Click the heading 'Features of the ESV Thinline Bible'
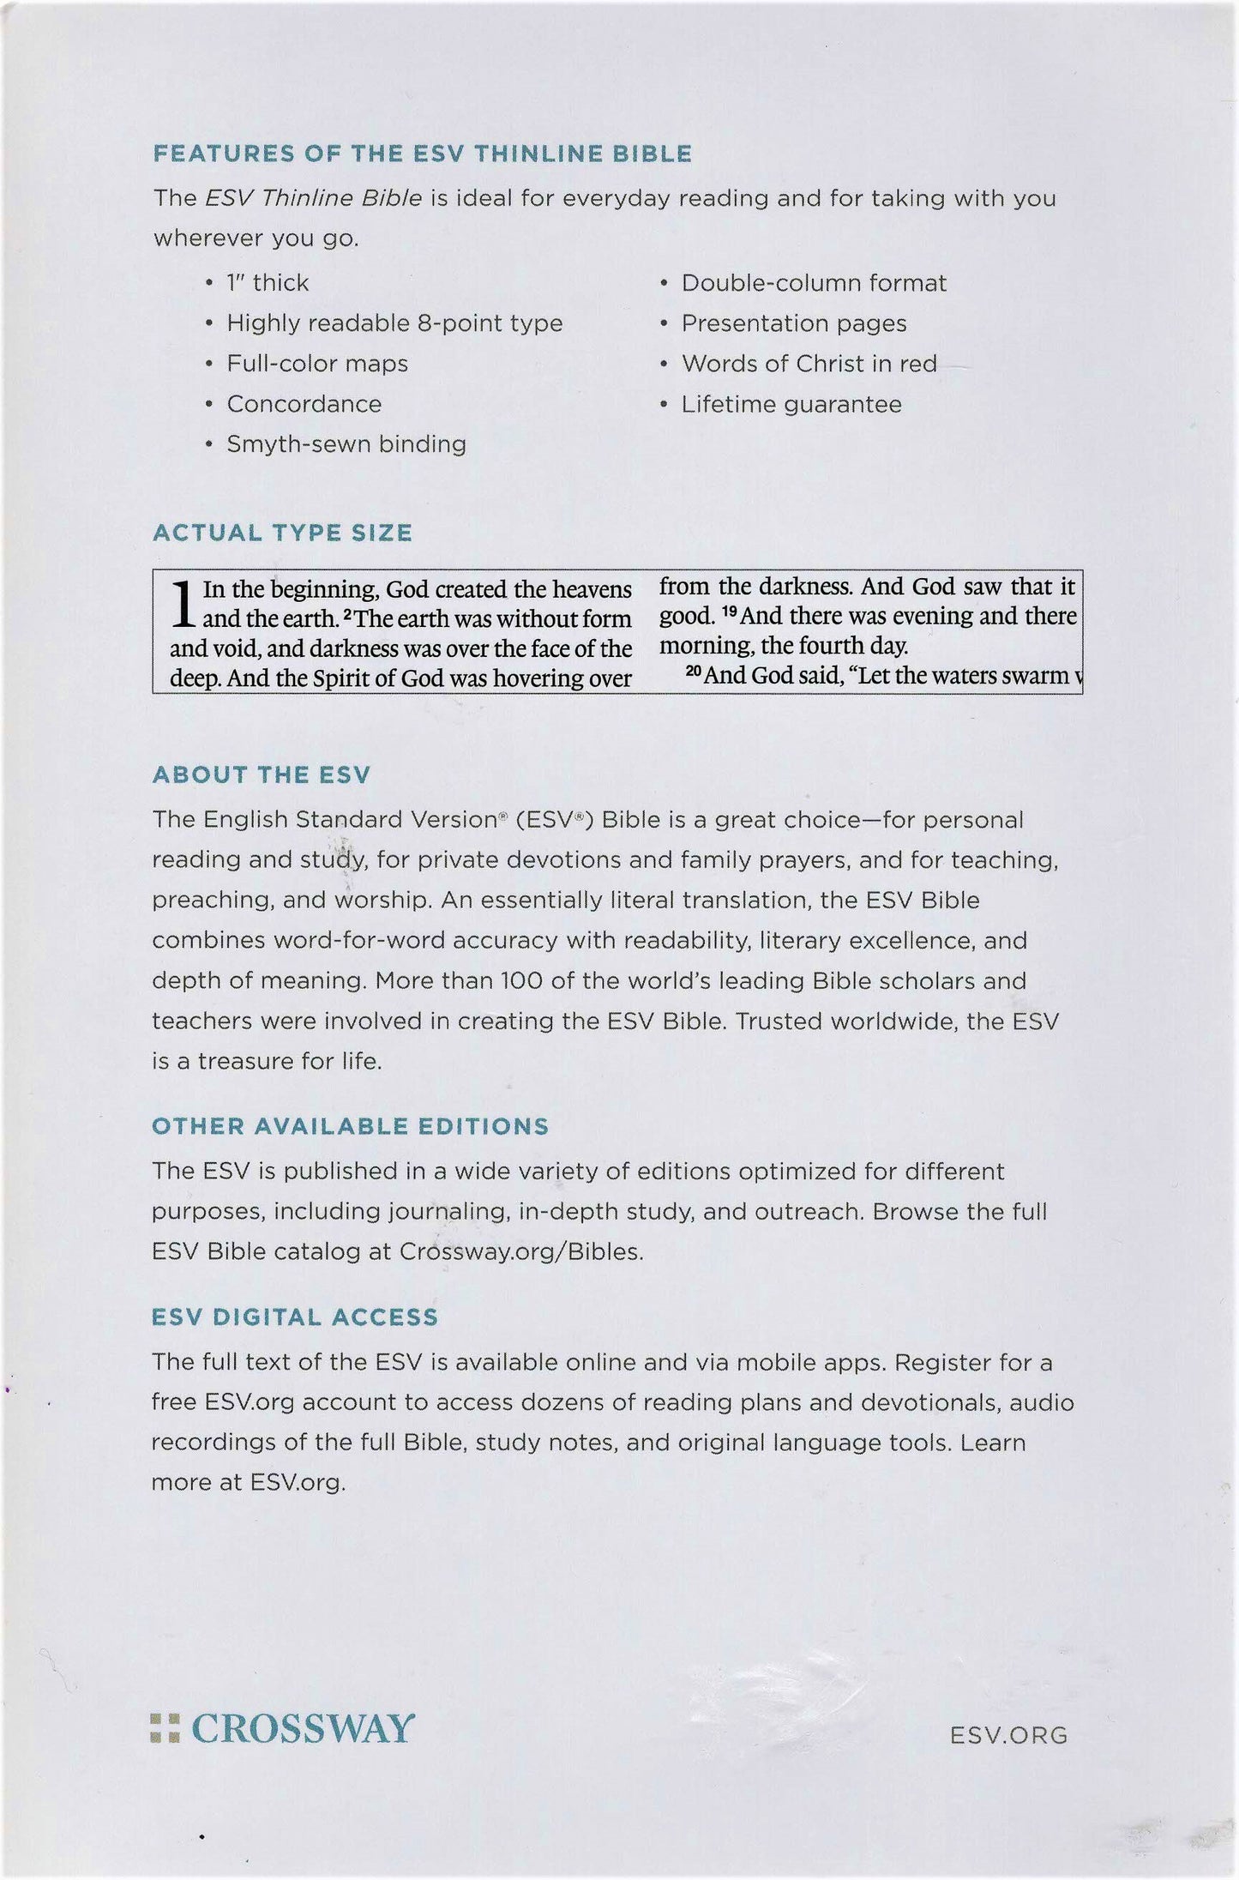coord(422,154)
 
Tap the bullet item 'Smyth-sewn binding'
coord(346,444)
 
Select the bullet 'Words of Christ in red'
coord(809,364)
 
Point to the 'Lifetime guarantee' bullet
coord(791,404)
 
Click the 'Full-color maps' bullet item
coord(316,364)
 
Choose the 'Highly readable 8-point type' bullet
coord(394,323)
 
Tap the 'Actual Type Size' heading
coord(282,533)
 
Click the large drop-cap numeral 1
coord(182,605)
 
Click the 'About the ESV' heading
coord(261,775)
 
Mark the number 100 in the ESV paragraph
coord(518,980)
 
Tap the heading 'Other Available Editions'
coord(350,1126)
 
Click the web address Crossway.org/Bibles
coord(520,1252)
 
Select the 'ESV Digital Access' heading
coord(294,1317)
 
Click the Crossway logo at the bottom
coord(282,1728)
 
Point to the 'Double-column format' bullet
coord(813,283)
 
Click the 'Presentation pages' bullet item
coord(793,323)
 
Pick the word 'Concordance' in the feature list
coord(304,404)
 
